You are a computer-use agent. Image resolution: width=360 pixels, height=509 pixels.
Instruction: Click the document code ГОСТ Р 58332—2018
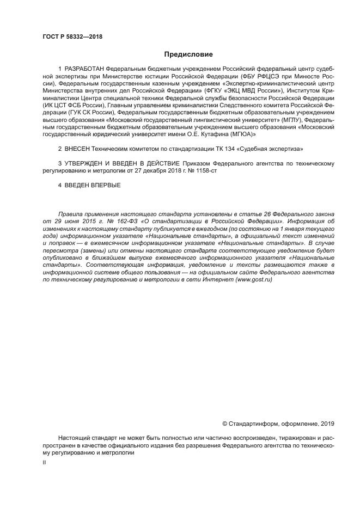pyautogui.click(x=72, y=36)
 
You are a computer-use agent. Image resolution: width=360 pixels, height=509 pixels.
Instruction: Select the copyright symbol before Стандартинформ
pyautogui.click(x=225, y=423)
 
